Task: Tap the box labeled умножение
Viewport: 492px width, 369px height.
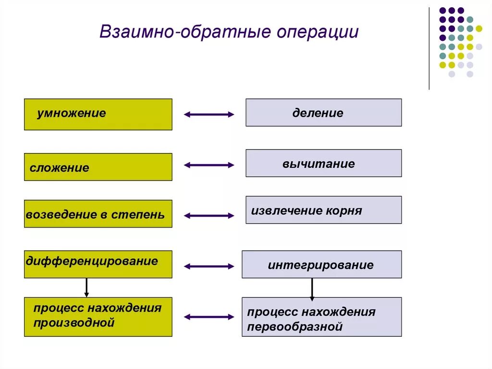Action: pyautogui.click(x=98, y=115)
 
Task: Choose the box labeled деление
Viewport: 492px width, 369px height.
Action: pyautogui.click(x=323, y=113)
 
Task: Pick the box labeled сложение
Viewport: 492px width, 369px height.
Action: pyautogui.click(x=98, y=167)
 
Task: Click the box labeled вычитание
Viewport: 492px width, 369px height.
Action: pyautogui.click(x=323, y=163)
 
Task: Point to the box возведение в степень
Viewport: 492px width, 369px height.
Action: pyautogui.click(x=98, y=214)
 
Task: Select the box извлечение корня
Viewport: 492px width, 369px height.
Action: pyautogui.click(x=323, y=210)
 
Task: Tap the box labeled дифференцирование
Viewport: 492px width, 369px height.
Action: pyautogui.click(x=98, y=264)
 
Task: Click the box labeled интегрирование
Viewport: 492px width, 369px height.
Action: pyautogui.click(x=321, y=264)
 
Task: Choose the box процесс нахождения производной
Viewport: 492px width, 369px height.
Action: pyautogui.click(x=98, y=317)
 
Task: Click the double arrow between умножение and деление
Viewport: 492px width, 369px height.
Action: pyautogui.click(x=209, y=115)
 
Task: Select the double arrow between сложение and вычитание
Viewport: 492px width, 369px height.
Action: pyautogui.click(x=209, y=165)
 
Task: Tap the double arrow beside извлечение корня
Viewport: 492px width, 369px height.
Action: pyautogui.click(x=209, y=216)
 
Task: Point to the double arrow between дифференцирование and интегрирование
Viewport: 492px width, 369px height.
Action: pyautogui.click(x=209, y=266)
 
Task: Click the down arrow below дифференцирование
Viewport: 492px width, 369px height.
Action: pyautogui.click(x=86, y=287)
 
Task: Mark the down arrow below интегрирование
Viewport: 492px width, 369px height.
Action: pyautogui.click(x=312, y=289)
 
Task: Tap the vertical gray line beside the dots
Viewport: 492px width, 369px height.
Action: pyautogui.click(x=429, y=48)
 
